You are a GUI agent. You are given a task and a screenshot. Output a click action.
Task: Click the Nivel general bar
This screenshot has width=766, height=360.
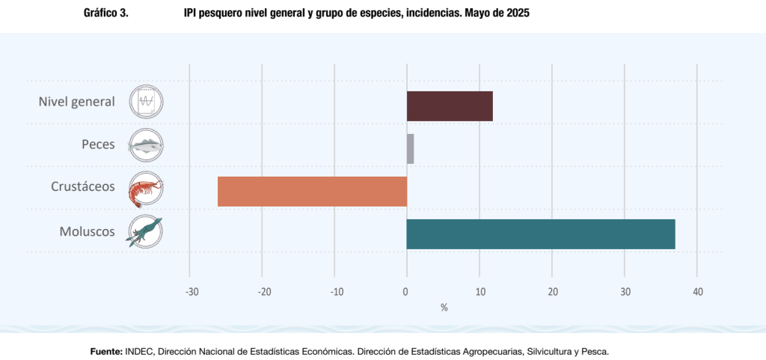coord(450,106)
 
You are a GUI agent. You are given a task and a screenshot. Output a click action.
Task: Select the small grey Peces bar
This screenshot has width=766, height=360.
coord(410,148)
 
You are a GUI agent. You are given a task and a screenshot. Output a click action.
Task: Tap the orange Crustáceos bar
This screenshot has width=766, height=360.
coord(312,191)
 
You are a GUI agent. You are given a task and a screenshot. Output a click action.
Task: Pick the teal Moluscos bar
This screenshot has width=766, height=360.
coord(540,234)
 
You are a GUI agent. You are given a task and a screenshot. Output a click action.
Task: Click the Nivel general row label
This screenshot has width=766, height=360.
coord(76,102)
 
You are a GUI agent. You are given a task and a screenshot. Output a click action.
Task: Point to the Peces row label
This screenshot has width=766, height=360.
coord(98,144)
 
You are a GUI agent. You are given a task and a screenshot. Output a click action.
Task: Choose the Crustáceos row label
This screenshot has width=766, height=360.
coord(83,186)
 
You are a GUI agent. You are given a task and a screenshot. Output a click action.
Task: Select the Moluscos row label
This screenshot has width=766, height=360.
coord(87,231)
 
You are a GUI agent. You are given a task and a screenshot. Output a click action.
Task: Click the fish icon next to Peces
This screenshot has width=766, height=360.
coord(146,144)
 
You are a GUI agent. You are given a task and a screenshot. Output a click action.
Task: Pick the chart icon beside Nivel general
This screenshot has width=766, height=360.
coord(146,102)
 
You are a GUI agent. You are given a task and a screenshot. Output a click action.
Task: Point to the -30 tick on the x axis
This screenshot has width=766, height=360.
coord(191,292)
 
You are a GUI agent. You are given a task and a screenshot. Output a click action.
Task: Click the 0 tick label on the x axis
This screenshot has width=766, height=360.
coord(406,292)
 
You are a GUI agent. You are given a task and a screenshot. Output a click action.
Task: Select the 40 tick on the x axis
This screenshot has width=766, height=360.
coord(697,292)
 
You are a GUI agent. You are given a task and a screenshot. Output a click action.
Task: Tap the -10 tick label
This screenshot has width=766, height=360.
coord(336,292)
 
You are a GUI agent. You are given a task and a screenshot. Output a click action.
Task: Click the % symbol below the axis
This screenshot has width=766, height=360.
coord(444,307)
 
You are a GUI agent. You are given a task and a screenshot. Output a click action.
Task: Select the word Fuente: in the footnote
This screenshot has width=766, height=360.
coord(105,350)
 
